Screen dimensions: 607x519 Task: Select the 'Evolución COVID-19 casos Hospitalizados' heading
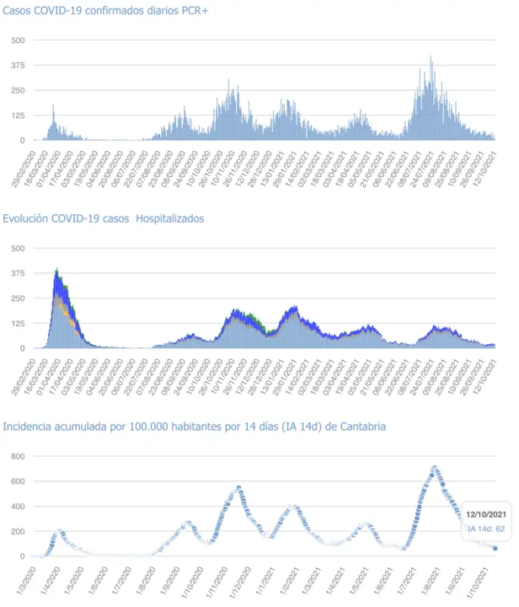click(x=103, y=218)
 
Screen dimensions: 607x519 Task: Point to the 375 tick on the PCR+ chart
click(x=17, y=65)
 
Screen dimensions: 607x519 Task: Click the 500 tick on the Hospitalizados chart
click(x=17, y=248)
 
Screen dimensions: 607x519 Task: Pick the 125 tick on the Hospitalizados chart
click(x=17, y=323)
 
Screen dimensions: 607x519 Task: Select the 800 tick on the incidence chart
click(x=17, y=456)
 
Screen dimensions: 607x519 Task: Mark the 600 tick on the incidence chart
click(x=17, y=481)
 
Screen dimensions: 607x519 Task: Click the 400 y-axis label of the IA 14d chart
click(x=17, y=507)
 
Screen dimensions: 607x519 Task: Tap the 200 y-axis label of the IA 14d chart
click(x=17, y=531)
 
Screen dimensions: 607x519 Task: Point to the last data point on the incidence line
click(x=495, y=548)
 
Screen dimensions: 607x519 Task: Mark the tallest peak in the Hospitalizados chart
click(x=56, y=271)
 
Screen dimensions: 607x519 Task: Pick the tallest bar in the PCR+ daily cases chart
click(x=431, y=57)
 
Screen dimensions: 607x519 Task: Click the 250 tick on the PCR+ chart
click(x=17, y=90)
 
